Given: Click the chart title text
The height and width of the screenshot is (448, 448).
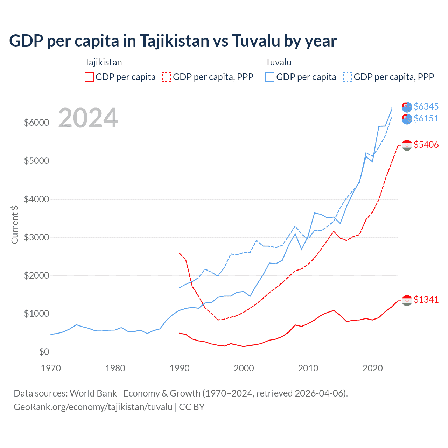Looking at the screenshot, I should pyautogui.click(x=173, y=41).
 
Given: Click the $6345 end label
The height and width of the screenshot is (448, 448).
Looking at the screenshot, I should pyautogui.click(x=426, y=106).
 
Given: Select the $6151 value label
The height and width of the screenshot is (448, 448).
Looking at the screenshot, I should pyautogui.click(x=426, y=119).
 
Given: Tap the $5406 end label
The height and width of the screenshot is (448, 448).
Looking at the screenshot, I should pyautogui.click(x=426, y=145).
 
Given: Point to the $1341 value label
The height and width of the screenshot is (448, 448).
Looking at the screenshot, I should pyautogui.click(x=426, y=300).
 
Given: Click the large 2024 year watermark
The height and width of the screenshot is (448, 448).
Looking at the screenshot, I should pyautogui.click(x=88, y=118).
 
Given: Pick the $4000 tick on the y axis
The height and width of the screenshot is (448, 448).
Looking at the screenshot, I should pyautogui.click(x=36, y=199).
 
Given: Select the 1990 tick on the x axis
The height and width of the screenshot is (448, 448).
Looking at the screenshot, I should pyautogui.click(x=180, y=368).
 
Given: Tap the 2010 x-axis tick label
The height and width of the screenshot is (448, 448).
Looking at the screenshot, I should pyautogui.click(x=308, y=368).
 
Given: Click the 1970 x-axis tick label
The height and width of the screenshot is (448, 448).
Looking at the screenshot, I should pyautogui.click(x=51, y=368).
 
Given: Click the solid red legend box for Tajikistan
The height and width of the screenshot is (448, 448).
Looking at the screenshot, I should pyautogui.click(x=89, y=77).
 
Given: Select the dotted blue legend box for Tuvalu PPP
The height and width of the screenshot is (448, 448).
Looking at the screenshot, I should pyautogui.click(x=348, y=77).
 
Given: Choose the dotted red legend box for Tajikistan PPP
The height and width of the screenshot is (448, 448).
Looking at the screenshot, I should pyautogui.click(x=167, y=77).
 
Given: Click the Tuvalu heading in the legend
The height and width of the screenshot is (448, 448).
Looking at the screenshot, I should pyautogui.click(x=278, y=62).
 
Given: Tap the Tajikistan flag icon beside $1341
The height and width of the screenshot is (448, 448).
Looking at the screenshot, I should pyautogui.click(x=407, y=300).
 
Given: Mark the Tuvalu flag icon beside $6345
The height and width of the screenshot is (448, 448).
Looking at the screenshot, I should pyautogui.click(x=407, y=107).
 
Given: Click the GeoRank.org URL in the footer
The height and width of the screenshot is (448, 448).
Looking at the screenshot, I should pyautogui.click(x=93, y=407).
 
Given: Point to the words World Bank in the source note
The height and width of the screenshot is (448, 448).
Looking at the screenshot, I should pyautogui.click(x=93, y=393).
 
